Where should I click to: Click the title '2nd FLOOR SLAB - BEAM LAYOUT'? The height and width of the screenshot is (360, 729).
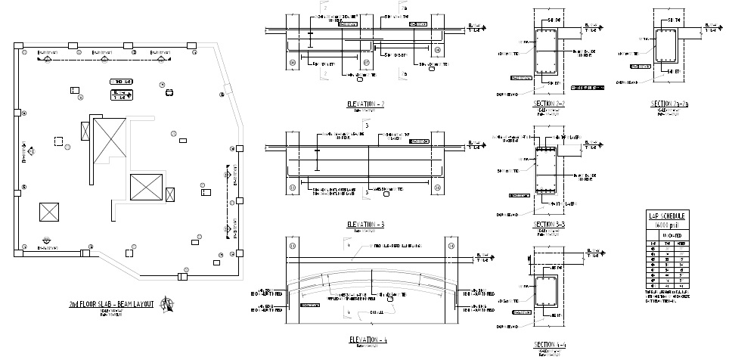point(110,303)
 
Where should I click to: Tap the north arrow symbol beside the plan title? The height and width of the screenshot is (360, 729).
point(168,304)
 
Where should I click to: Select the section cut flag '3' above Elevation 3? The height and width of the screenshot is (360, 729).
point(367,126)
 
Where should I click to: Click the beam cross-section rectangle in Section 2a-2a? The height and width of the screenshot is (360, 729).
point(666,45)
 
